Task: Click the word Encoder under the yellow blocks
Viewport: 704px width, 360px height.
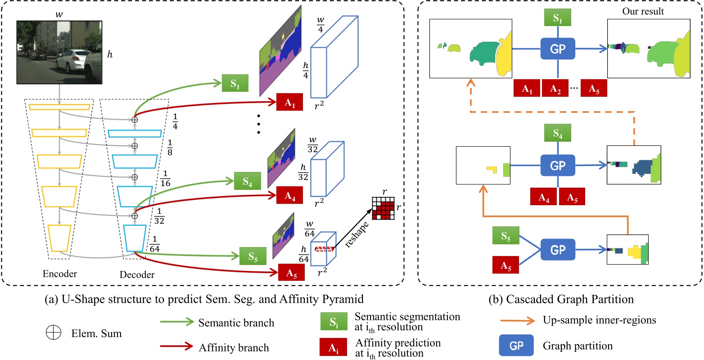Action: click(x=59, y=274)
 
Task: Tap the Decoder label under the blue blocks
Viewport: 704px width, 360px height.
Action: click(x=137, y=274)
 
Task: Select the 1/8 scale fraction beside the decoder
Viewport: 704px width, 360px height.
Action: click(x=170, y=147)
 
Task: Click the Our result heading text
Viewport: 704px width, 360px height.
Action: click(x=643, y=12)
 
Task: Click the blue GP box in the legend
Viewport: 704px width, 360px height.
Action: click(x=516, y=346)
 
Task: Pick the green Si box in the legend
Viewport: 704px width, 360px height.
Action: click(x=333, y=323)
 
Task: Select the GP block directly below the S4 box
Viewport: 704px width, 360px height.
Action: click(x=558, y=166)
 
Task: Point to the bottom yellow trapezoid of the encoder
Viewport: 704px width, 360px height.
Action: click(x=59, y=238)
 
